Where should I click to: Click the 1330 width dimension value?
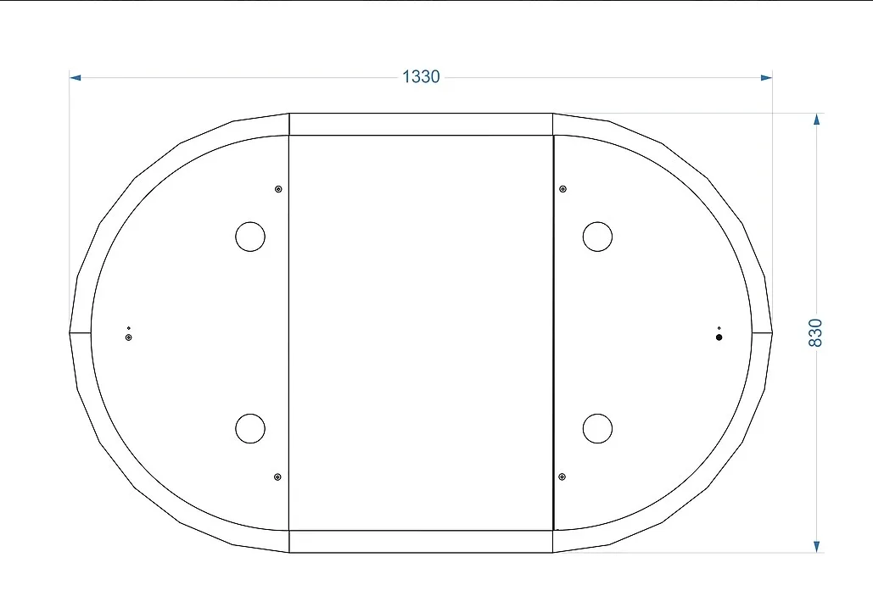coord(421,77)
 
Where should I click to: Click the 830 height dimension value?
coord(815,332)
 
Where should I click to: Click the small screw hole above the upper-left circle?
coord(278,189)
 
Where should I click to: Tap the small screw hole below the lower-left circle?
coord(277,476)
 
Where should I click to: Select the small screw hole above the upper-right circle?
coord(562,189)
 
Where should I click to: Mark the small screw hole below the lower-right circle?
coord(562,476)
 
